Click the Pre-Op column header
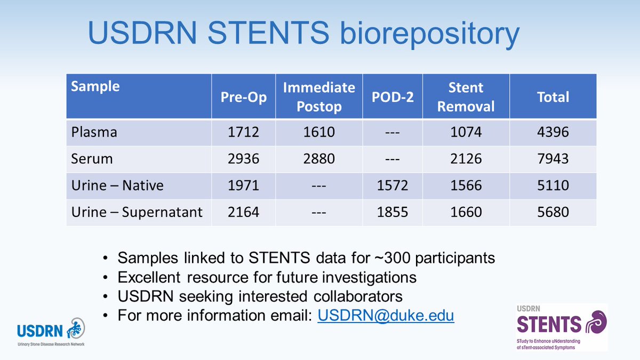[243, 97]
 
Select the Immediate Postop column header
[319, 97]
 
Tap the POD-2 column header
[393, 97]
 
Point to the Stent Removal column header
[466, 97]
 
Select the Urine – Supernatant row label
[137, 212]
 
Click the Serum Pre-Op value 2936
[243, 158]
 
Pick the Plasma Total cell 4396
[553, 132]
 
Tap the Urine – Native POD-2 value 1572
[393, 185]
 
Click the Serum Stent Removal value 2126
[466, 158]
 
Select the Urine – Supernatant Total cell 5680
[553, 212]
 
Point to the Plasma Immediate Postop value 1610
[319, 132]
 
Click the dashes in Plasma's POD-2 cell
[393, 132]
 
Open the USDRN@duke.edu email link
[386, 315]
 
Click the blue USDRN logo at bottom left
[48, 331]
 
